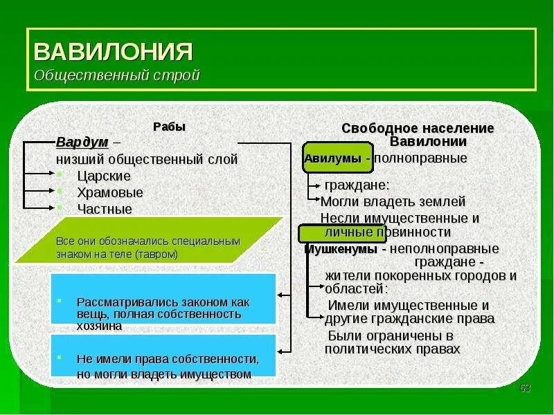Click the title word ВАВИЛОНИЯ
pyautogui.click(x=113, y=51)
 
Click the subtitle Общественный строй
pyautogui.click(x=117, y=75)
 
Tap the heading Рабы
pyautogui.click(x=169, y=127)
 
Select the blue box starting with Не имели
pyautogui.click(x=163, y=360)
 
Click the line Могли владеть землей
pyautogui.click(x=393, y=202)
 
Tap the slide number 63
pyautogui.click(x=524, y=386)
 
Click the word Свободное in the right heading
pyautogui.click(x=375, y=129)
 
